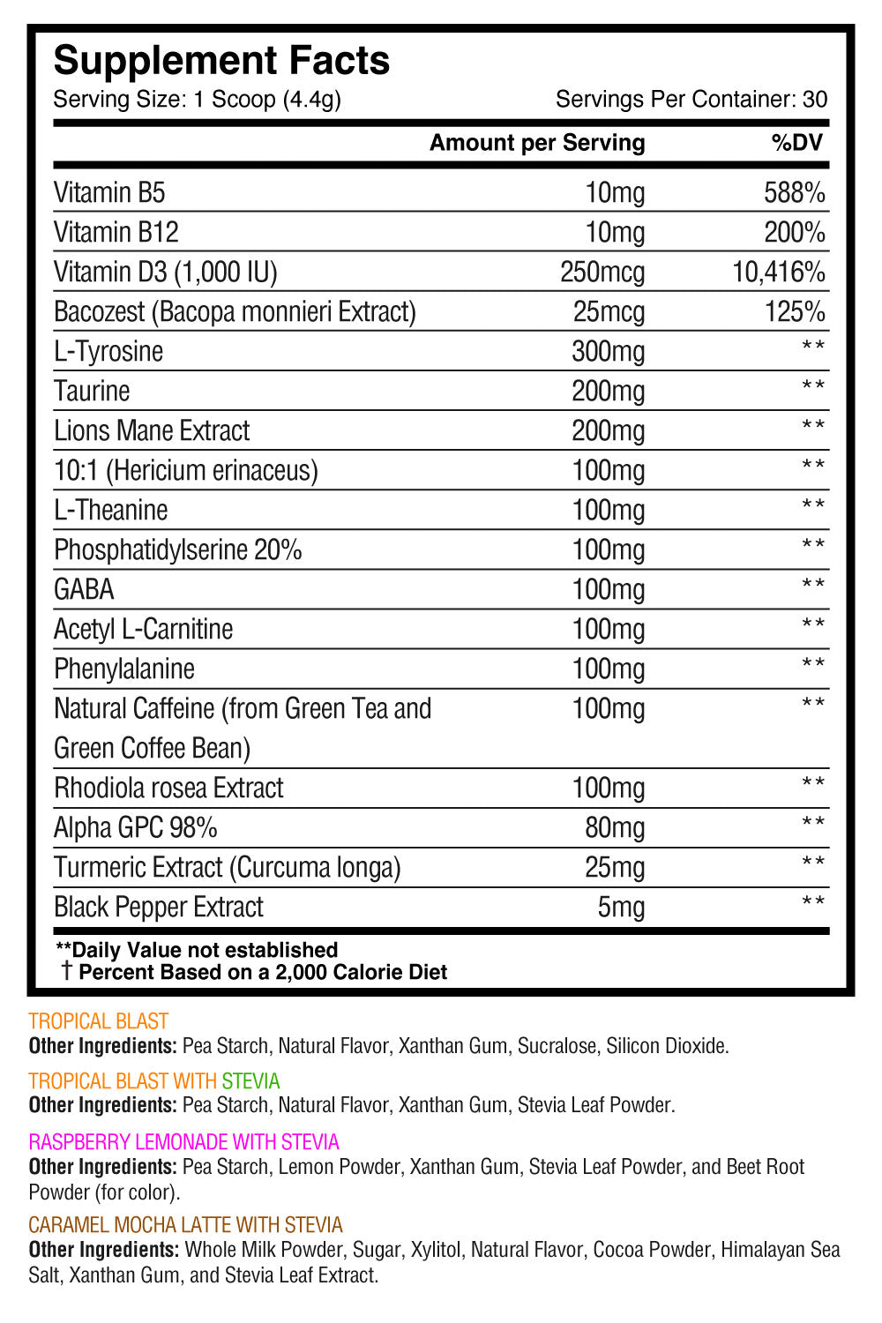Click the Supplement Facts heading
221,61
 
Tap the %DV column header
796,143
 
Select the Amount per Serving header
537,143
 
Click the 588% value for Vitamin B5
794,192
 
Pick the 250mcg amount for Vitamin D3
602,272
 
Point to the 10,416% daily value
779,272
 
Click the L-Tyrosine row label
108,351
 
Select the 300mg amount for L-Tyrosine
608,351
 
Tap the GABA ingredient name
84,589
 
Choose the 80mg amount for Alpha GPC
615,827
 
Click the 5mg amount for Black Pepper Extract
621,907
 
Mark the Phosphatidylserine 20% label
177,549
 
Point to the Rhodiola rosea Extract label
168,788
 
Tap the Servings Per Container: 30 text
691,99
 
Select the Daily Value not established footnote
197,950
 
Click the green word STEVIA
250,1081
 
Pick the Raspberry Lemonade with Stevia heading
183,1142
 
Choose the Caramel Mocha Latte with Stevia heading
185,1225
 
